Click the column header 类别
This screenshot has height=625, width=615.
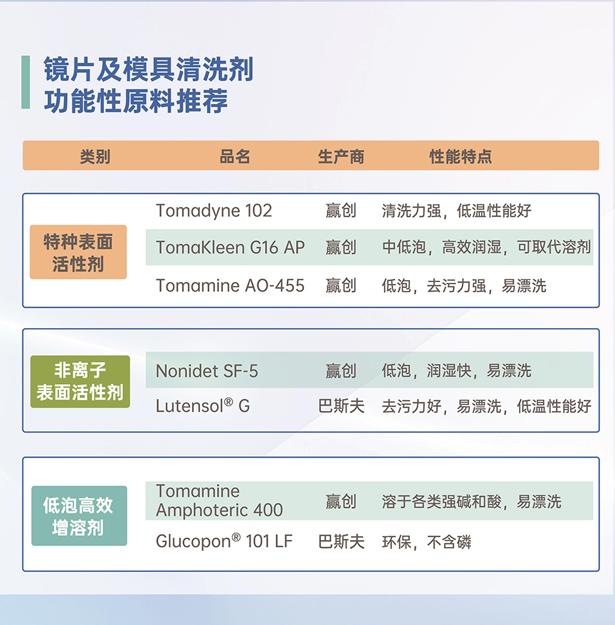[95, 157]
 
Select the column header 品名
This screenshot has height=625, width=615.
[235, 157]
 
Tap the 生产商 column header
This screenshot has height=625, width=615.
[341, 157]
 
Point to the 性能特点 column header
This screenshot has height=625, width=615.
[460, 157]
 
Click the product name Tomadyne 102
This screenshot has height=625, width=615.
[214, 211]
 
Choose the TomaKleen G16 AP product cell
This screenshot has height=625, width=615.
[230, 248]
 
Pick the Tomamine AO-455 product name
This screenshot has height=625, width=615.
[230, 286]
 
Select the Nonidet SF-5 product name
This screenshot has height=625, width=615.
[207, 371]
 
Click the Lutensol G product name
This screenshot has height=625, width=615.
[203, 406]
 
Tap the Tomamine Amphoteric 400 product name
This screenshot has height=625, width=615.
[219, 501]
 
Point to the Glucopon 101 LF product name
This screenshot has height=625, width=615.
[224, 541]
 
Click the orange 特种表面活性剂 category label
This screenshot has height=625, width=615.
[78, 252]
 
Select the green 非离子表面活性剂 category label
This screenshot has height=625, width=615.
[80, 381]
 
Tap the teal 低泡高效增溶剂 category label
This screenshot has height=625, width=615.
[80, 516]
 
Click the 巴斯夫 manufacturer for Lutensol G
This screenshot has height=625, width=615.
[341, 406]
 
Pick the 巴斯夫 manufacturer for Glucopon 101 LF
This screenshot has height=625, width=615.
[341, 542]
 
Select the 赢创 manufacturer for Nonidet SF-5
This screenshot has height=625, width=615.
[341, 371]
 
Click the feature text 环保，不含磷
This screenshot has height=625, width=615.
[426, 542]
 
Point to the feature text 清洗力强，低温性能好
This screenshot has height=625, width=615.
[457, 211]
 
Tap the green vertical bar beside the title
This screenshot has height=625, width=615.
[26, 82]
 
